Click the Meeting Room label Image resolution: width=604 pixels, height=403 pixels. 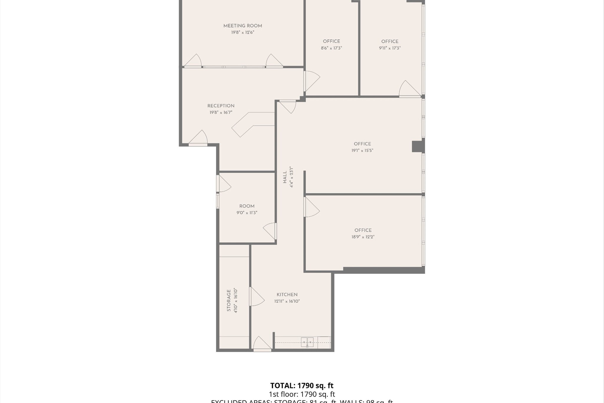pyautogui.click(x=242, y=26)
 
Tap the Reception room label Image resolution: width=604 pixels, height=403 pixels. pyautogui.click(x=221, y=106)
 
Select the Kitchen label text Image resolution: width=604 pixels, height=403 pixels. pyautogui.click(x=287, y=295)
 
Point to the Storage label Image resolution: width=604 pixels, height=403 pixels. pyautogui.click(x=229, y=300)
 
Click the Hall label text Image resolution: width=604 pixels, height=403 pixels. pyautogui.click(x=285, y=177)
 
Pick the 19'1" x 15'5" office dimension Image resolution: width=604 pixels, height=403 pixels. pyautogui.click(x=362, y=150)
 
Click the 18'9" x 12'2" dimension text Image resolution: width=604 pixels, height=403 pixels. pyautogui.click(x=363, y=237)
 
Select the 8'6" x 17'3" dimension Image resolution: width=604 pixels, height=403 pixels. pyautogui.click(x=331, y=48)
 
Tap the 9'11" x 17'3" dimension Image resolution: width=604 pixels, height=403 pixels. pyautogui.click(x=390, y=48)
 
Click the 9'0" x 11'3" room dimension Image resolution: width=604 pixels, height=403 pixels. pyautogui.click(x=247, y=213)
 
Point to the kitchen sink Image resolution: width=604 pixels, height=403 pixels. pyautogui.click(x=307, y=342)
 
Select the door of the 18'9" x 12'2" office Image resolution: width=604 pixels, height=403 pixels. pyautogui.click(x=311, y=207)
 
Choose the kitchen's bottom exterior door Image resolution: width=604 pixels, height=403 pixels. pyautogui.click(x=262, y=345)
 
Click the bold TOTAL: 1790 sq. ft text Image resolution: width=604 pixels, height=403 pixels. pyautogui.click(x=302, y=386)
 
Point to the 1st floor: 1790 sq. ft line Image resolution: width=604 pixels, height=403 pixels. pyautogui.click(x=302, y=394)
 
